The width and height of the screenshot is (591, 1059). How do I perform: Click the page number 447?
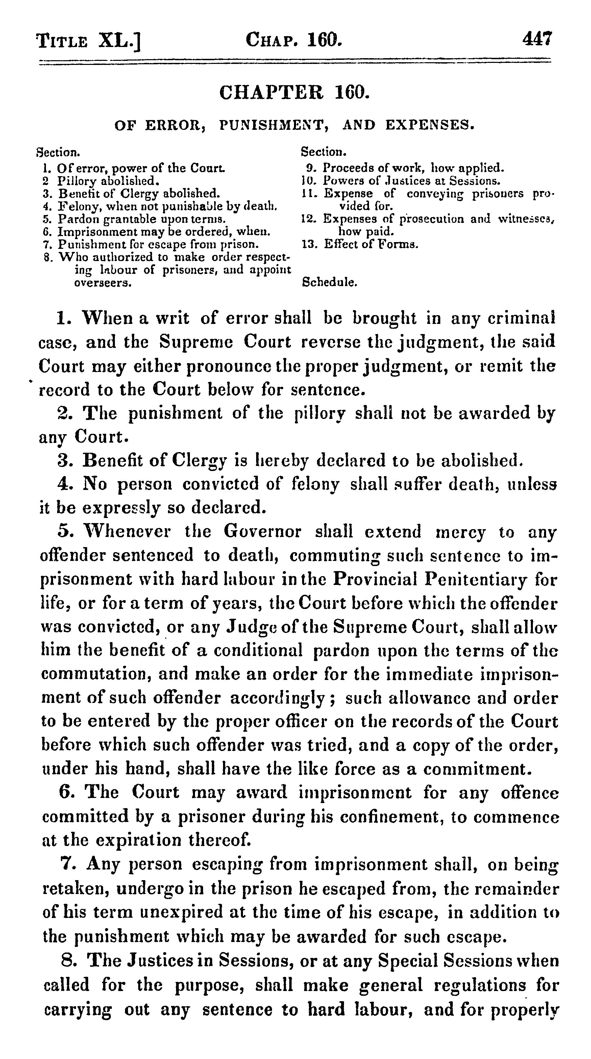click(537, 40)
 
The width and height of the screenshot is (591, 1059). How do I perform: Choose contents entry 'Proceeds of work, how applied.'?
click(413, 168)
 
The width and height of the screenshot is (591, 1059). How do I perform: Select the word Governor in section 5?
click(262, 532)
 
